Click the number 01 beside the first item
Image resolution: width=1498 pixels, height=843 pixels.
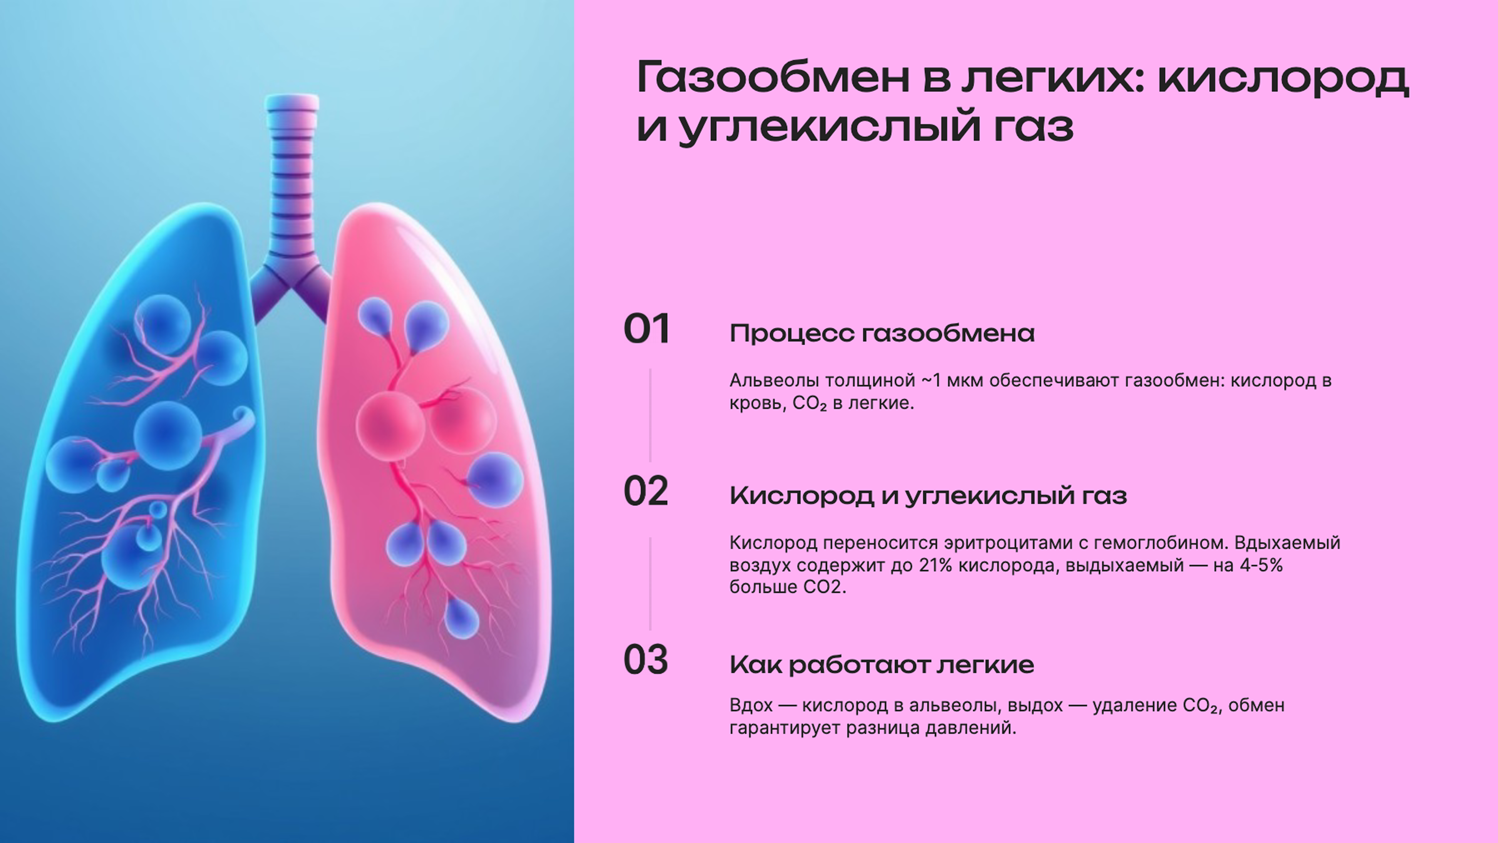tap(646, 329)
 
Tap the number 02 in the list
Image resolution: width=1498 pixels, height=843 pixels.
tap(645, 492)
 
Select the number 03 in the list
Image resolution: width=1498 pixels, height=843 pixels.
tap(645, 660)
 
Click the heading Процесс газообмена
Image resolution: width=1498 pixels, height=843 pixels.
tap(882, 333)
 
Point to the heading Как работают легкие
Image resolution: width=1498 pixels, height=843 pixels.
tap(882, 664)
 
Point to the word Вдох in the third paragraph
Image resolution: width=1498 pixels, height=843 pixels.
tap(751, 706)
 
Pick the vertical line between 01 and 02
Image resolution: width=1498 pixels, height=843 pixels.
tap(650, 414)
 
